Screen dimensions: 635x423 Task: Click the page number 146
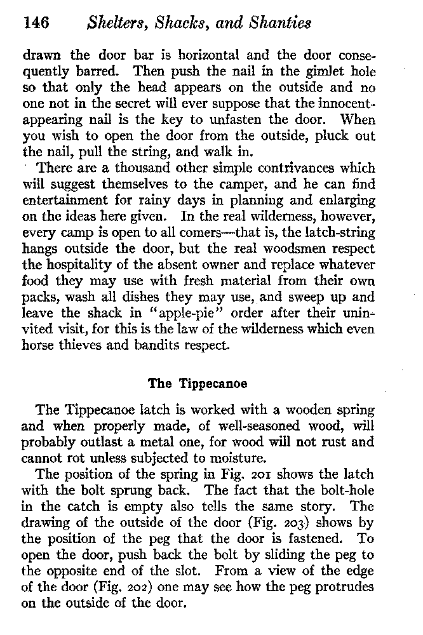coord(36,23)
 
